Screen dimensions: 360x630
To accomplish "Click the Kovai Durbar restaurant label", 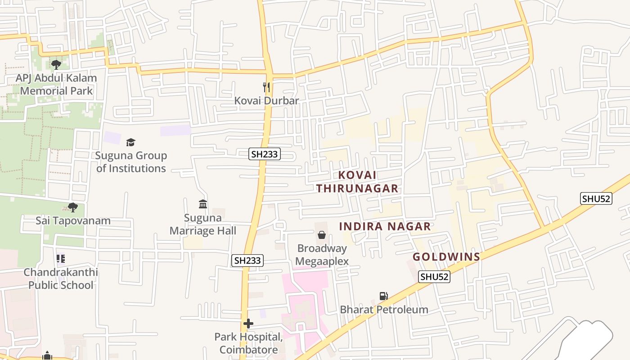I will [266, 100].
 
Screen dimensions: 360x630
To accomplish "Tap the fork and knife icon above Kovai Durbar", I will [266, 86].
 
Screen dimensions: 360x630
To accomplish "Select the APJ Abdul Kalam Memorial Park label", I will [56, 84].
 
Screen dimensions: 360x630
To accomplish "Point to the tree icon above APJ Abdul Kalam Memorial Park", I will [56, 65].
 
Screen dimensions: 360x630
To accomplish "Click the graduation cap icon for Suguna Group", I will [130, 142].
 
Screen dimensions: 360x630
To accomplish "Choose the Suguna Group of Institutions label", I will [131, 162].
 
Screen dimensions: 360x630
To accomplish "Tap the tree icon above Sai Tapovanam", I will [72, 207].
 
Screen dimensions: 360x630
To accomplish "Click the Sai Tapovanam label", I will [73, 221].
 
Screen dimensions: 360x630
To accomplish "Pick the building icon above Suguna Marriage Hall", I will [203, 204].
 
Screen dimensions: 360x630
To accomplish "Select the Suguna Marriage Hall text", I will [203, 225].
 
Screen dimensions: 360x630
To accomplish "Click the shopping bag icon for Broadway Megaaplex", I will [322, 235].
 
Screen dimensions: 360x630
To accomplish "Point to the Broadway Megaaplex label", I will [322, 255].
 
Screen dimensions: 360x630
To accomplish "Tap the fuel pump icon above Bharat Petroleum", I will [383, 296].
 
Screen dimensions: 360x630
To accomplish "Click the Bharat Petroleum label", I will [384, 310].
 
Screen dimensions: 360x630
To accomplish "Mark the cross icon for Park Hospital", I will [248, 323].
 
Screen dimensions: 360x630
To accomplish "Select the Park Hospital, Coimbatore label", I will [248, 343].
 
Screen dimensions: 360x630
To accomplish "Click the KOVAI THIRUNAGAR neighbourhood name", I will [357, 181].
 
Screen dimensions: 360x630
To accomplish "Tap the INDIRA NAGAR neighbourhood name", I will [385, 226].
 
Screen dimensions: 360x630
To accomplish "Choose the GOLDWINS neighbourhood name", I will [446, 257].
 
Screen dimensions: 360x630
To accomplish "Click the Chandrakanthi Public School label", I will [61, 279].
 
